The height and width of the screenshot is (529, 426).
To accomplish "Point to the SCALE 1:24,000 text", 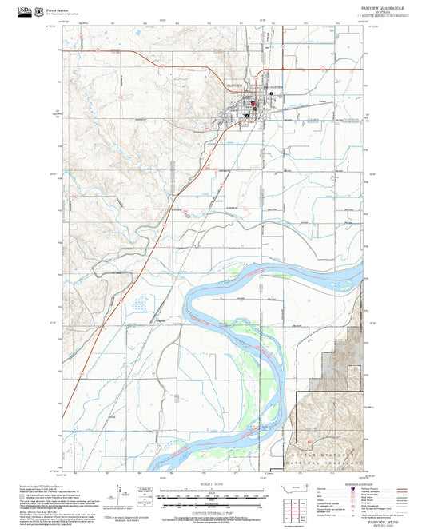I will click(213, 483).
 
